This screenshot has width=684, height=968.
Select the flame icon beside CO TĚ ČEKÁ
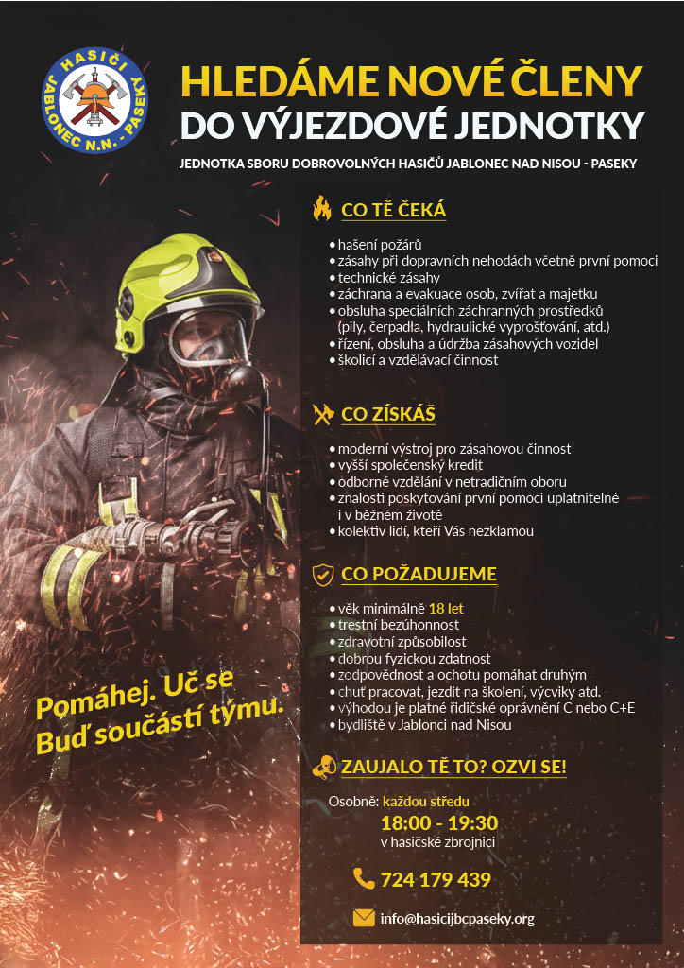point(323,208)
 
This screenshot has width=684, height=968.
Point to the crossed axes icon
point(323,414)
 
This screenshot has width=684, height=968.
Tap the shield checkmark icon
point(323,573)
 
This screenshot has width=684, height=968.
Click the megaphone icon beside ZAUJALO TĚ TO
point(323,766)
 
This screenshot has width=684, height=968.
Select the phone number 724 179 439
point(436,880)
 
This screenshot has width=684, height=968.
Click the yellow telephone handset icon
point(364,879)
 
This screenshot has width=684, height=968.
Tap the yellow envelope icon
point(364,918)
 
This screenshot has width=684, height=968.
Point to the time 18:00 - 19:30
point(439,822)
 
